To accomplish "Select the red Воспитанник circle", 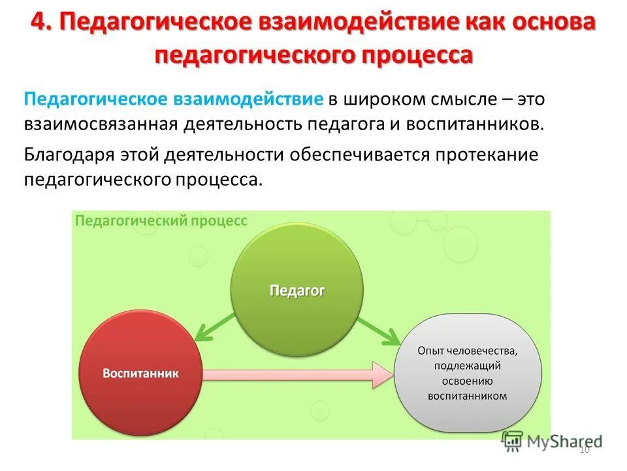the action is click(x=140, y=374).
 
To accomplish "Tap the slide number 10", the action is click(x=585, y=449).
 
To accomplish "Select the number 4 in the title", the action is click(x=39, y=23).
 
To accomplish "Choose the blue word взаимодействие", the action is click(x=248, y=99).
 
